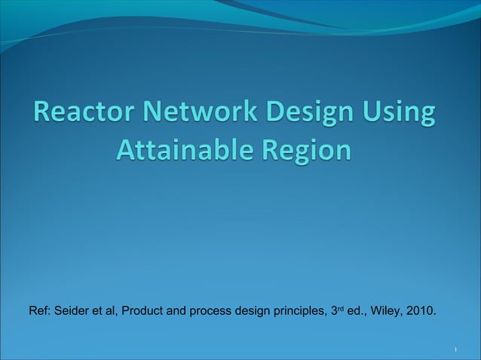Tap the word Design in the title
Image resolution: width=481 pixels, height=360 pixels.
[305, 116]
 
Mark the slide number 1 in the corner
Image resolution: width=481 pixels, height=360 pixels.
[457, 351]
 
